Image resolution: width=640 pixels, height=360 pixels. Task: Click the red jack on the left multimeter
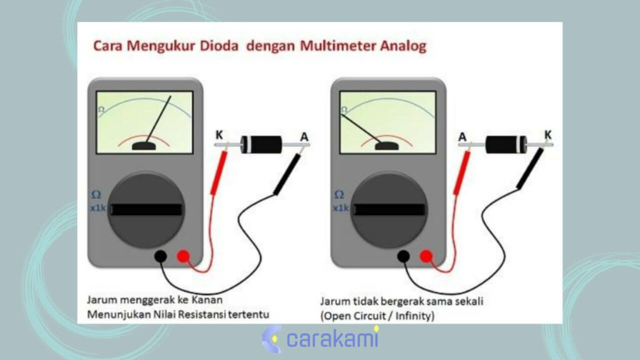click(183, 256)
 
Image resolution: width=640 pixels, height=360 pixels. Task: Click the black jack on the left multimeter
click(161, 256)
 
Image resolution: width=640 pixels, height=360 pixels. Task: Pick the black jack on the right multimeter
click(404, 256)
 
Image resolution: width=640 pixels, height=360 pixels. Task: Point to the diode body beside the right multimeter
click(506, 143)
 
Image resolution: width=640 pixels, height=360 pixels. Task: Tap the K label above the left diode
click(219, 134)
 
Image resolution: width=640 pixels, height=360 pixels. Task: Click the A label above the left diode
click(304, 136)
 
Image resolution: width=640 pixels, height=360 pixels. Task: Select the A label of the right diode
click(462, 136)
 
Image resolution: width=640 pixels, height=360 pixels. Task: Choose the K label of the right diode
click(548, 134)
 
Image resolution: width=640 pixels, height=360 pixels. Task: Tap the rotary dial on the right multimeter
click(391, 210)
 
